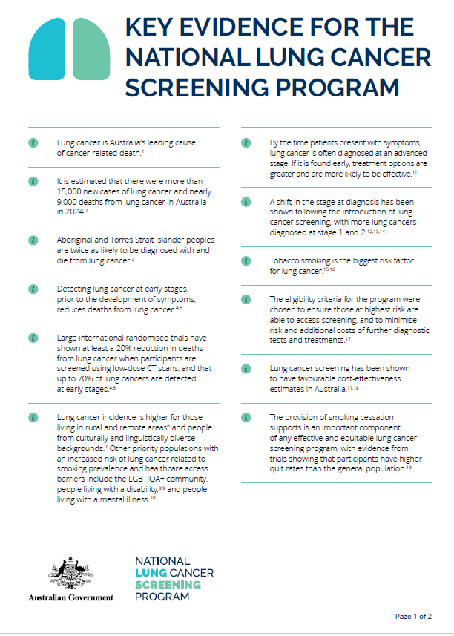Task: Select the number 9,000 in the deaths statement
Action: click(x=72, y=201)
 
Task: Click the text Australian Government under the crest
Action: click(x=70, y=597)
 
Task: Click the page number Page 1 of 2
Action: click(x=413, y=617)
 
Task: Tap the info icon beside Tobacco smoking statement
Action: click(x=246, y=262)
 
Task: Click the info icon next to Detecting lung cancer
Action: click(x=33, y=288)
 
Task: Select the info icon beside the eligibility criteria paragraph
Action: click(x=246, y=300)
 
